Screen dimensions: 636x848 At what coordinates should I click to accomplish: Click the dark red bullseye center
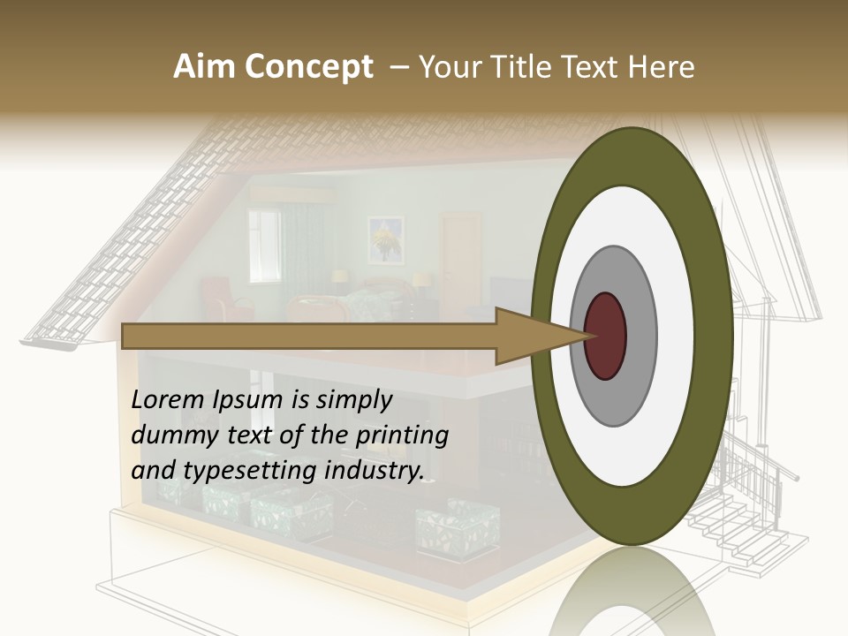click(605, 336)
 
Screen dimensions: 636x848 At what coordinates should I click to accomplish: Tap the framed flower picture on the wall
click(385, 239)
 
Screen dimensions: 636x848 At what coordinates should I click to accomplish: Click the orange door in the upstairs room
click(461, 252)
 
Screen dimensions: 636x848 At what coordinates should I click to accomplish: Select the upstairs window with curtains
click(264, 246)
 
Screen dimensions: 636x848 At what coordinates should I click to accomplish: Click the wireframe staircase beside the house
click(751, 512)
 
